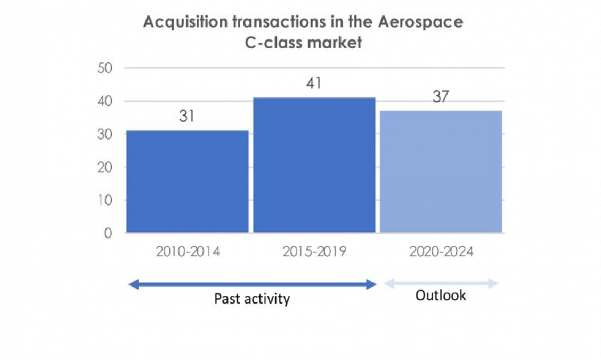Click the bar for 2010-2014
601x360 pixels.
187,182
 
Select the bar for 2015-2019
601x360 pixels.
314,165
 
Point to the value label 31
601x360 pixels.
186,117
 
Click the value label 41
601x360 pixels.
314,84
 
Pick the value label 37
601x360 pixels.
441,97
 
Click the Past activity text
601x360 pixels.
252,299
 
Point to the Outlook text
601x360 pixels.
441,296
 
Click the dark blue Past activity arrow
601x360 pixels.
253,285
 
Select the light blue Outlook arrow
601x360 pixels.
441,283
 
